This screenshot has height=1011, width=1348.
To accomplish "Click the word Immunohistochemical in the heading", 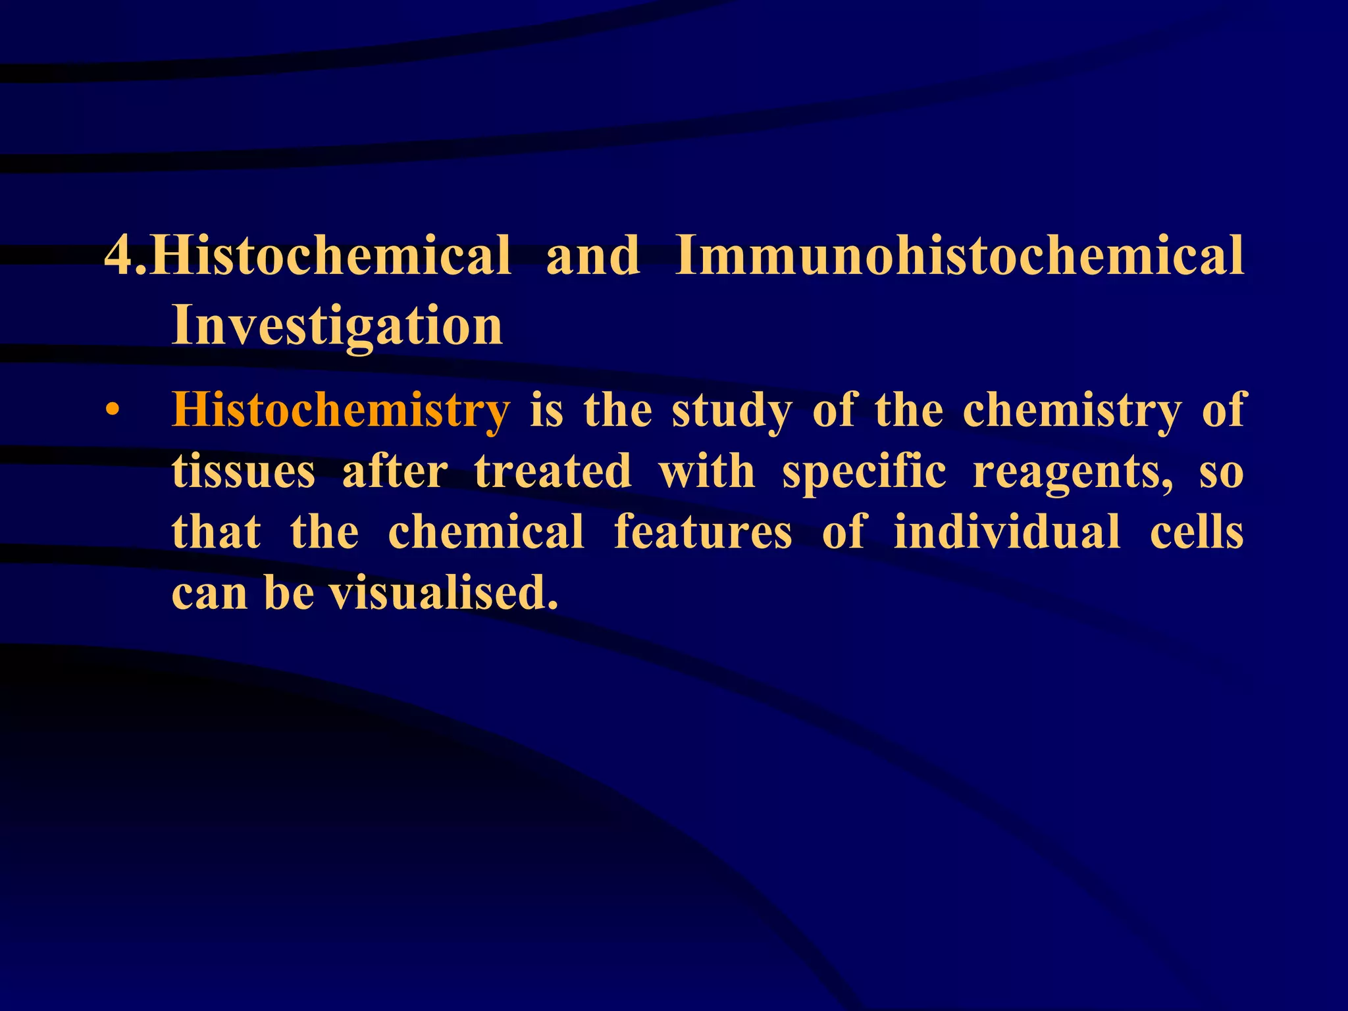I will pos(960,255).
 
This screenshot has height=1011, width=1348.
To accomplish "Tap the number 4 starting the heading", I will pos(119,255).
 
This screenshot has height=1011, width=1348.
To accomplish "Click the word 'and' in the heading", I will pos(592,255).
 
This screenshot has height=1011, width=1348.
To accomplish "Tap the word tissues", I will pos(244,471).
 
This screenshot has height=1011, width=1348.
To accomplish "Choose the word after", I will pos(395,471).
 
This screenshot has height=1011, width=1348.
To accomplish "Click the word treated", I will pos(553,471).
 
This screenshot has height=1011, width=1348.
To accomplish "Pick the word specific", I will pos(864,471).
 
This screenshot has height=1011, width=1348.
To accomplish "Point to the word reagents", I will pos(1072,473).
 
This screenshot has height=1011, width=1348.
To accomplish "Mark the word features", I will pos(703,532).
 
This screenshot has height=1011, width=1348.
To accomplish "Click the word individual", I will pos(1007,532).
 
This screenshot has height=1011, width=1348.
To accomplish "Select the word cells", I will pos(1197,532).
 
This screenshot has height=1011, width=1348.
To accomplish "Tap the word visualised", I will pos(444,592).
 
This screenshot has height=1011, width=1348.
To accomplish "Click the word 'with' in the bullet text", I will pos(707,471).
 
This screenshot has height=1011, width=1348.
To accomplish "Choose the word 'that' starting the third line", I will pos(216,532).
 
